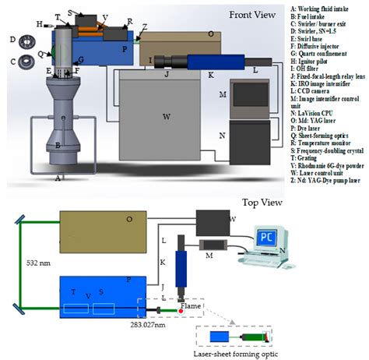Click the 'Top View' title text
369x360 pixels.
(x=262, y=201)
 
